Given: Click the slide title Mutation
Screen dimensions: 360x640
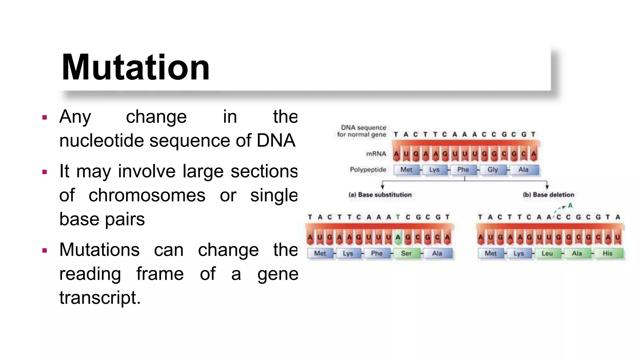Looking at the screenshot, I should pos(136,67).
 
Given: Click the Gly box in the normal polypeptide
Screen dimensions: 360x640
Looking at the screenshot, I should pos(492,170).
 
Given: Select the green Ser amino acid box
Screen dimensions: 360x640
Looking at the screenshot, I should pos(406,253).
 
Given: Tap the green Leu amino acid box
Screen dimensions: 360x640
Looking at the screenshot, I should pos(547,253).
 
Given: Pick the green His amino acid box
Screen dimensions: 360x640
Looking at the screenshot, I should pos(607,253).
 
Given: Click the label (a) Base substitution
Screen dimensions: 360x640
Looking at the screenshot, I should pos(380,195).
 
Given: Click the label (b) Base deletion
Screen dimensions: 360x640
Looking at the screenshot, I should pos(548,195).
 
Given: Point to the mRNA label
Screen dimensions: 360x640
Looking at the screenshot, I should pos(376,154).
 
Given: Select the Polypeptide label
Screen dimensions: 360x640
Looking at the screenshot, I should pos(368,170).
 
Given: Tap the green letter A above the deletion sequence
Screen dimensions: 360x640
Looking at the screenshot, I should pos(570,206).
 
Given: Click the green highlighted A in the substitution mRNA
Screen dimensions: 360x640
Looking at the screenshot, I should pos(398,237).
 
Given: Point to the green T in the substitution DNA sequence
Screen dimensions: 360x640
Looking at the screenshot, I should pos(398,217).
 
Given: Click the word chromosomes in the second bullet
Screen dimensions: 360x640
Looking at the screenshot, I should pos(147,196).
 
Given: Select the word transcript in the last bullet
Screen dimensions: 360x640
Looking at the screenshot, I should pos(100,297).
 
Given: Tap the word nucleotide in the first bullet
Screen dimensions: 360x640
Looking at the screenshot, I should pos(101,141).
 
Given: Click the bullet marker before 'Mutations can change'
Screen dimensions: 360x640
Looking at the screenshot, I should pos(45,250).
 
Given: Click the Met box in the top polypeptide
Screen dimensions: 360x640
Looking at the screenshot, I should pos(406,170).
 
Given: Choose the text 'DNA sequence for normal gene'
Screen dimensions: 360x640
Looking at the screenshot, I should pos(362,131).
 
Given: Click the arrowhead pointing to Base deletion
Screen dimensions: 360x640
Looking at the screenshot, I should pos(547,187).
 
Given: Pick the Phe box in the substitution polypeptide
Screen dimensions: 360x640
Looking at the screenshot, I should pos(377,253).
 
